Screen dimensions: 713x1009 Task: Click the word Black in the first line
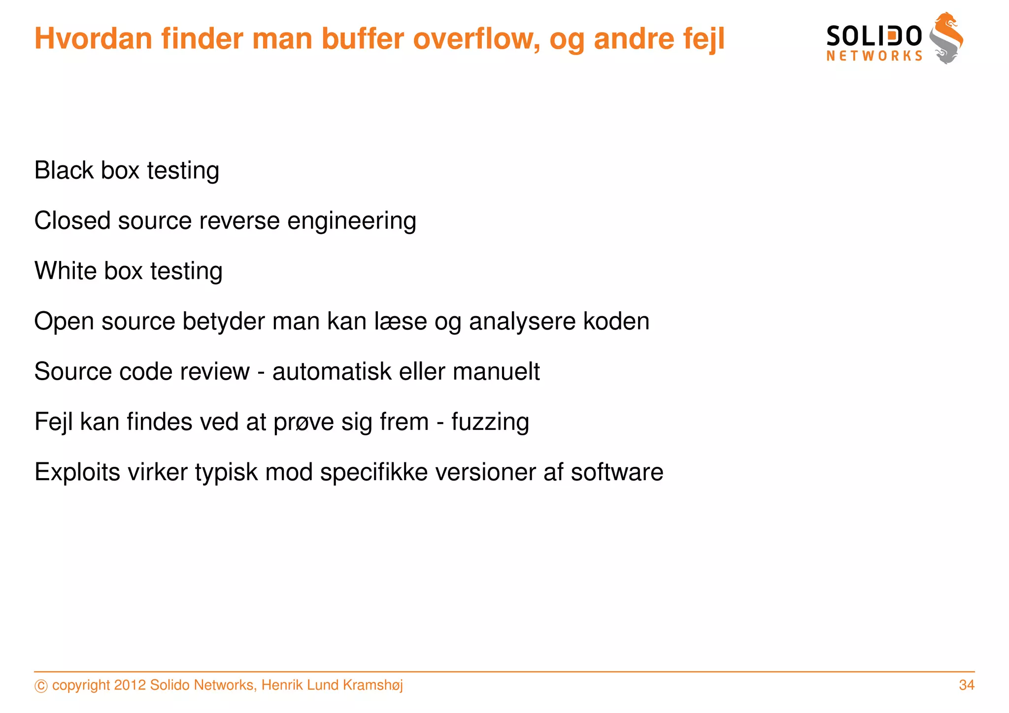click(x=64, y=170)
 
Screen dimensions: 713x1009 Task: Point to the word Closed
click(x=72, y=221)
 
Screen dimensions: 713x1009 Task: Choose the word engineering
click(x=352, y=222)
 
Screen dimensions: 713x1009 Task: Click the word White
click(x=66, y=271)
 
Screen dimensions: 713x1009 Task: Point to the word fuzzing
click(x=490, y=422)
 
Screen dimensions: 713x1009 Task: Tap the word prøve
click(x=303, y=422)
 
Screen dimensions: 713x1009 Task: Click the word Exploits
click(x=77, y=473)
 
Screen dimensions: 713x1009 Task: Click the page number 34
click(x=967, y=685)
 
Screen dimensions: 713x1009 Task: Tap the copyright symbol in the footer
click(x=41, y=686)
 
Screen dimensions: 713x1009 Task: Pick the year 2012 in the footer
click(x=130, y=685)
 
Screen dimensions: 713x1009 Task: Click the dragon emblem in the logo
click(x=946, y=38)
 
